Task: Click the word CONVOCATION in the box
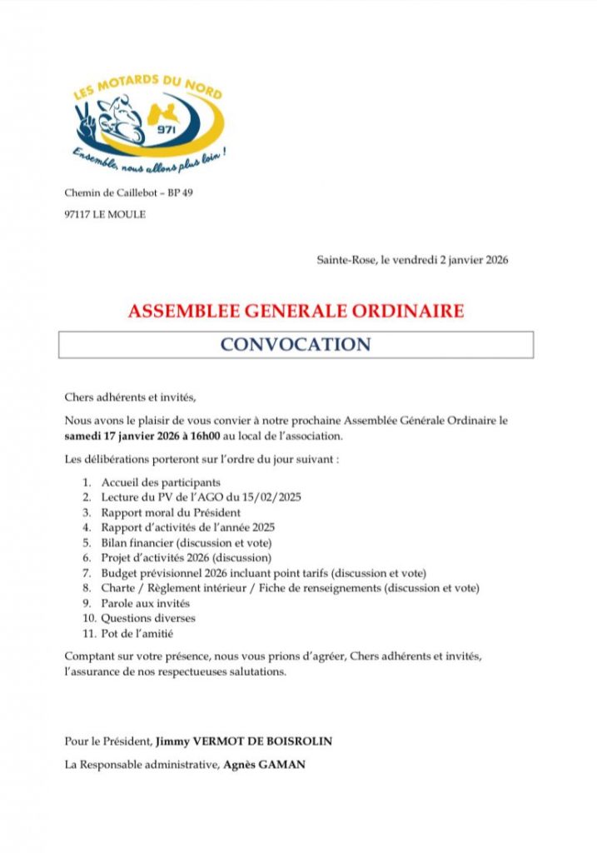296,344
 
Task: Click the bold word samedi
84,436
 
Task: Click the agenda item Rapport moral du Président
171,512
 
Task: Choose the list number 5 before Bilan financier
86,542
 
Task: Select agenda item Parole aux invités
146,603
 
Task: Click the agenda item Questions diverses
148,618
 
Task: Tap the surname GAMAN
283,764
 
